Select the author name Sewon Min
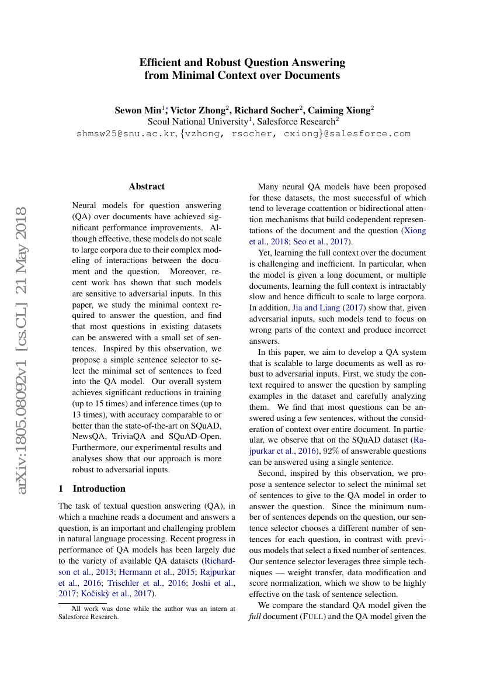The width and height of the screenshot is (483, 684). pyautogui.click(x=137, y=110)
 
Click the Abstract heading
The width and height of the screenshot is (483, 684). pyautogui.click(x=147, y=186)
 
